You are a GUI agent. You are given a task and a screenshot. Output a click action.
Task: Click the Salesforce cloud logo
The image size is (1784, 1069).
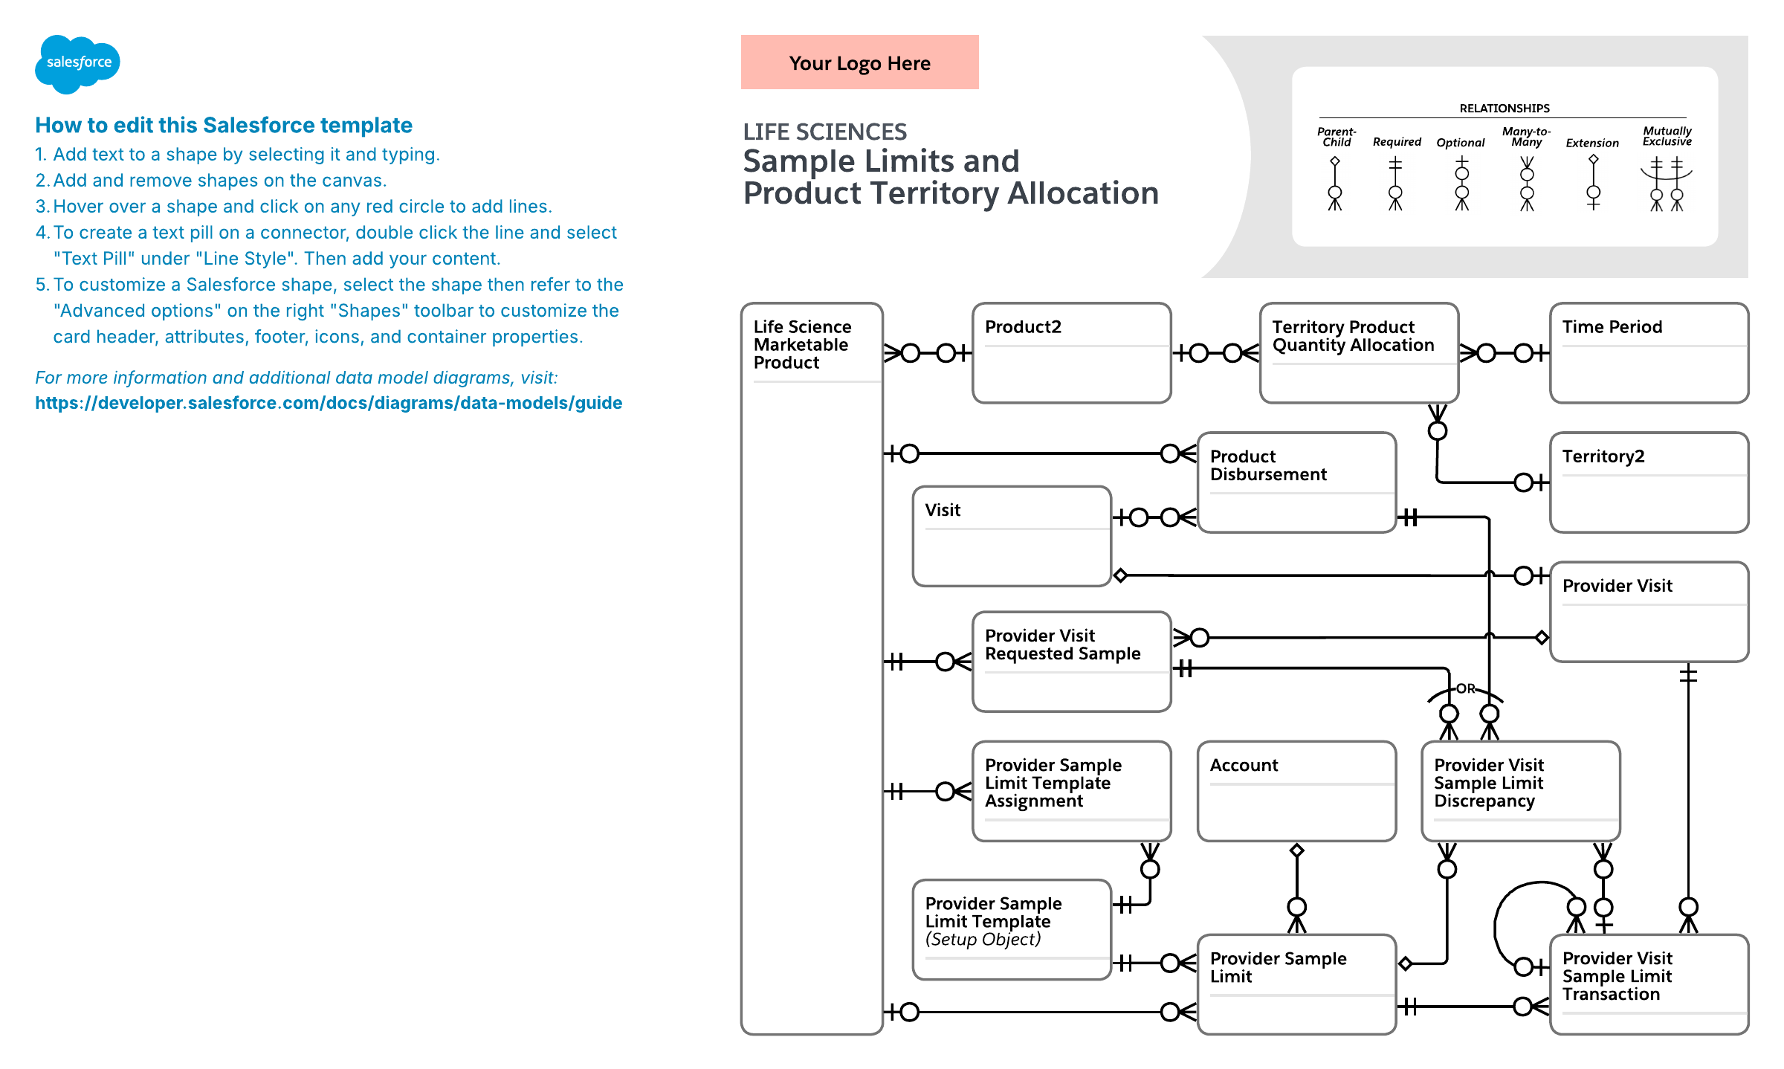tap(77, 63)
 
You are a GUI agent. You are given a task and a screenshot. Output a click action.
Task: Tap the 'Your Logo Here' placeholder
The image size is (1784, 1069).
tap(859, 62)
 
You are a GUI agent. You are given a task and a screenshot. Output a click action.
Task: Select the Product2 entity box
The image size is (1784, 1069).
tap(1071, 353)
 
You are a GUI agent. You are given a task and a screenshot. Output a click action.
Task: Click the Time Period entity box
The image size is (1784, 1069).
tap(1649, 353)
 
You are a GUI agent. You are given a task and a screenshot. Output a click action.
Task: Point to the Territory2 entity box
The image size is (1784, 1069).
tap(1649, 482)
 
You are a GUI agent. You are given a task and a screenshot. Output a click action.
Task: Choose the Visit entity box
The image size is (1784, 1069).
tap(1012, 536)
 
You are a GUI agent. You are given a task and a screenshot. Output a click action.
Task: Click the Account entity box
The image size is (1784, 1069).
tap(1296, 791)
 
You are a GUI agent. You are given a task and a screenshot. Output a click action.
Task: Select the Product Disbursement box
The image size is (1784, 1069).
tap(1296, 482)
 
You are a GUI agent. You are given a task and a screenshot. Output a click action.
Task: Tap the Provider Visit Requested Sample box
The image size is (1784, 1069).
tap(1071, 662)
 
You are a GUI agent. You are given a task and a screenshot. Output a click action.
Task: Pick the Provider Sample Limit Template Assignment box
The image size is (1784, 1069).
tap(1071, 791)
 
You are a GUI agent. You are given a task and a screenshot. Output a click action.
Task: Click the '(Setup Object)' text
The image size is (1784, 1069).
tap(983, 940)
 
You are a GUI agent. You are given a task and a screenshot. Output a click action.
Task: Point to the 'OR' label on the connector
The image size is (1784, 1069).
tap(1465, 689)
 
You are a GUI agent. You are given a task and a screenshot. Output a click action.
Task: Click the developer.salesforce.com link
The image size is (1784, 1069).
tap(329, 403)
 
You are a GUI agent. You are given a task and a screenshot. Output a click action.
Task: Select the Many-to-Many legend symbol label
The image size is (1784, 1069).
tap(1526, 137)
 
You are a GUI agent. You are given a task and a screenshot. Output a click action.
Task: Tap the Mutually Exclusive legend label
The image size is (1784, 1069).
tap(1667, 136)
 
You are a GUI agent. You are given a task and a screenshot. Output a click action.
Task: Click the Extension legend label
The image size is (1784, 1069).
tap(1591, 143)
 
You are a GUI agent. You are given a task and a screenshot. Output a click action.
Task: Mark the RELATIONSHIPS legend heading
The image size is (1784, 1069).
tap(1504, 109)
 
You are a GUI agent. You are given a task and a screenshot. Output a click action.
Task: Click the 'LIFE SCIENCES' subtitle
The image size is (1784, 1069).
tap(824, 132)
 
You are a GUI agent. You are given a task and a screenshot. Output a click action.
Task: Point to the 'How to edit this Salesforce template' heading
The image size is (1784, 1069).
tap(224, 125)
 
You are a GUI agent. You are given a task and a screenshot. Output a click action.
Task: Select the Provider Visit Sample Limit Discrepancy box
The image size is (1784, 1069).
tap(1520, 791)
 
